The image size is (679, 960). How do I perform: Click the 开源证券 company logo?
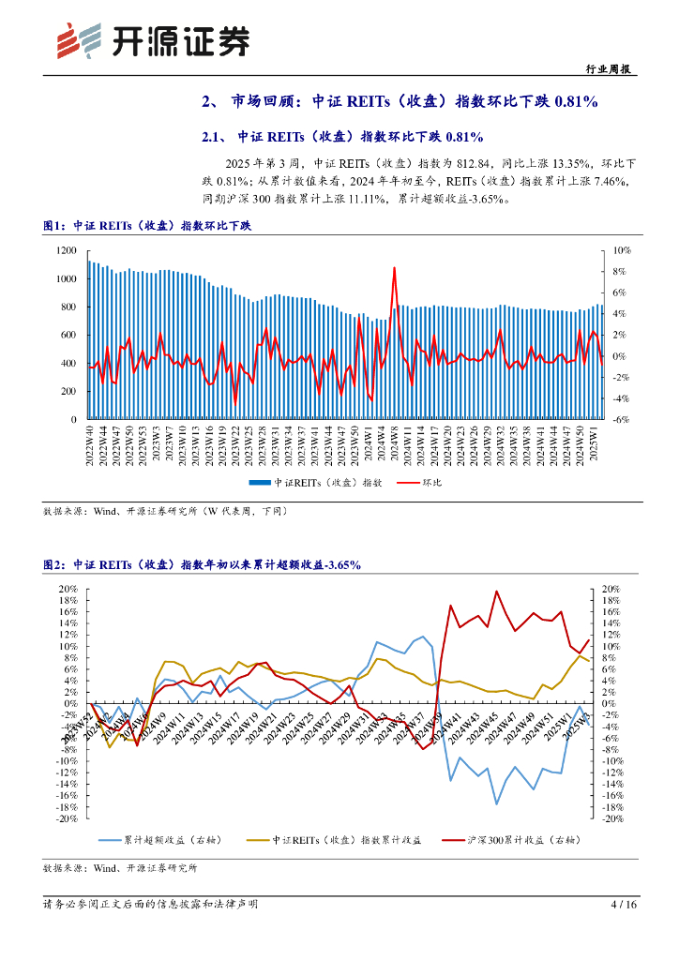155,39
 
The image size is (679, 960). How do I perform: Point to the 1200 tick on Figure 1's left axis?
65,250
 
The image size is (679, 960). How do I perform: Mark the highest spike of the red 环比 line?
394,268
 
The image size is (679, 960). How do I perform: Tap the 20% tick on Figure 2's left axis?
67,589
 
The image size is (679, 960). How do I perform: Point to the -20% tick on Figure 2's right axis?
611,818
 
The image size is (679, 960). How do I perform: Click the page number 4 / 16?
623,905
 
